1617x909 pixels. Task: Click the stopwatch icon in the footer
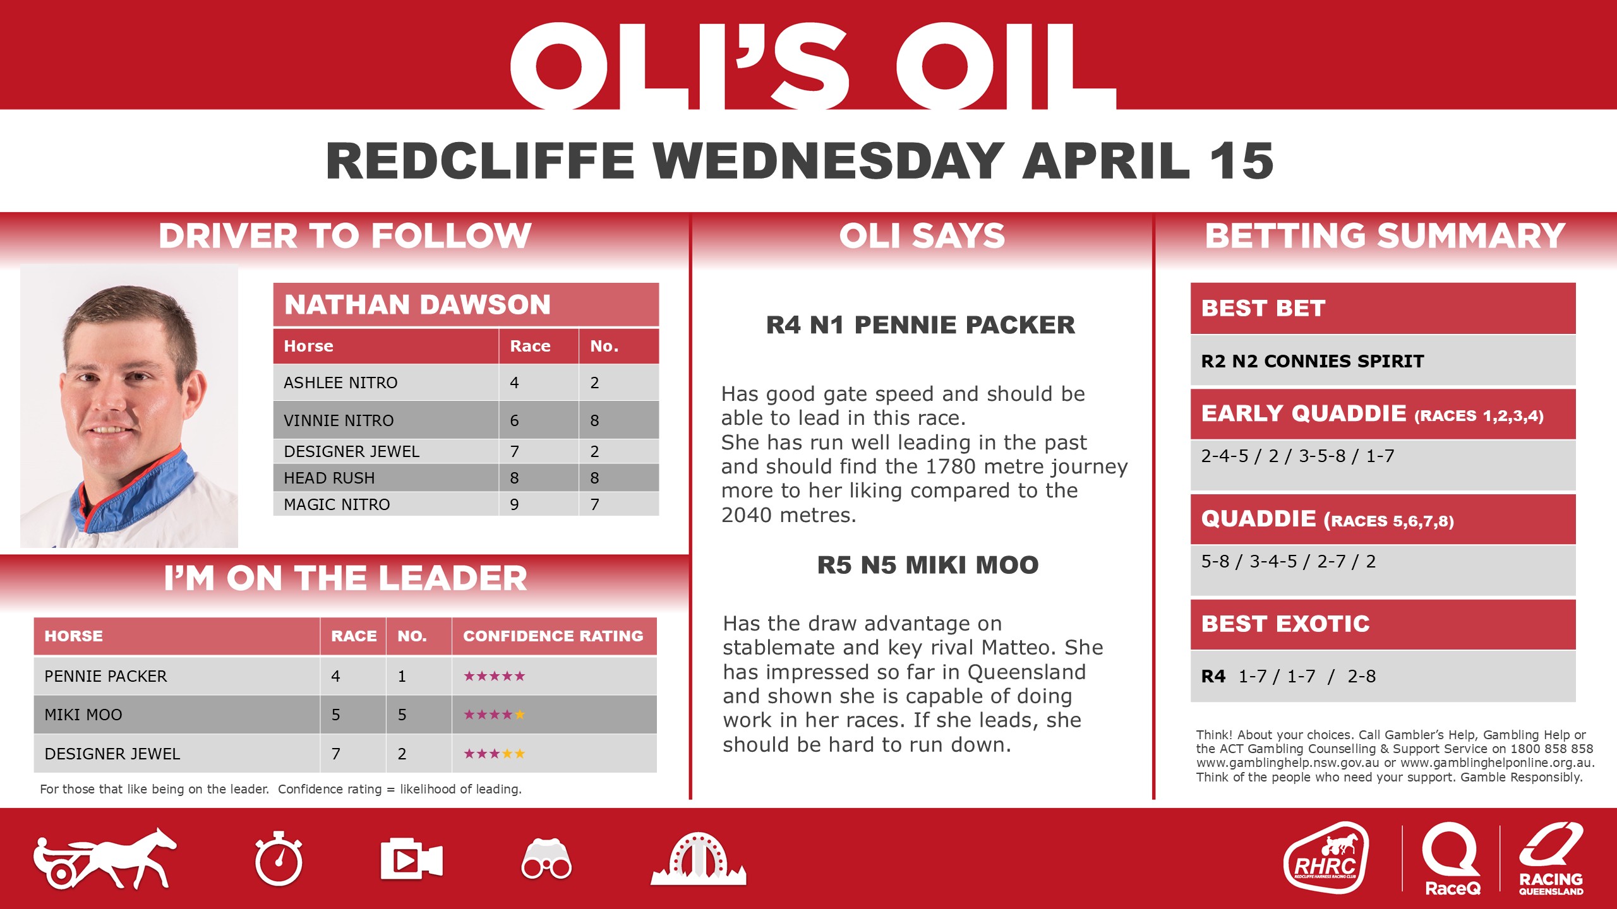pos(279,860)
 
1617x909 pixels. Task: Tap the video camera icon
pos(411,859)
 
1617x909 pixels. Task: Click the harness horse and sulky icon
pos(105,858)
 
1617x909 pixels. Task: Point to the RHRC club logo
pos(1326,858)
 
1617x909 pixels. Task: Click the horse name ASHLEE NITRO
pos(340,383)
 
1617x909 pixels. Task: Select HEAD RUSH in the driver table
pos(329,478)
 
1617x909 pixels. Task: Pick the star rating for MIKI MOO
pos(494,715)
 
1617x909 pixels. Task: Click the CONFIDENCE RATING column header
pos(553,636)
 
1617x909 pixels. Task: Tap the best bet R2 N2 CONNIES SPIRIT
pos(1312,361)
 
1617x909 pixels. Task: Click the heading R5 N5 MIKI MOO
pos(927,565)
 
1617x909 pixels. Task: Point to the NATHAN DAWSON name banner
pos(417,305)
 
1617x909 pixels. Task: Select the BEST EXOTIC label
pos(1285,624)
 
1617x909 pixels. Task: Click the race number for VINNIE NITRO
pos(514,420)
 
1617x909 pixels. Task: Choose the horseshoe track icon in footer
pos(698,860)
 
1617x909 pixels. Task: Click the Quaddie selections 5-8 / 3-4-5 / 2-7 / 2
pos(1288,561)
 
